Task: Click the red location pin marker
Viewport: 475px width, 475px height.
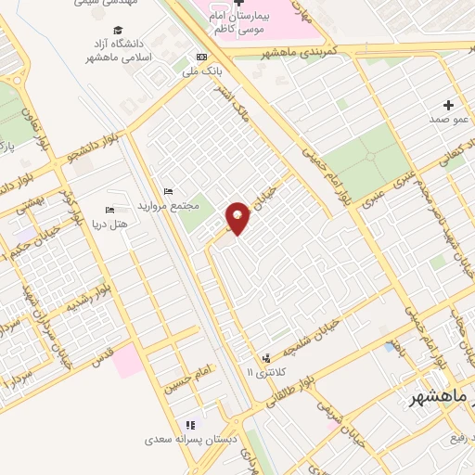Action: [x=238, y=218]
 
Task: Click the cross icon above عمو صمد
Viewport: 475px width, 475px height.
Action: [x=450, y=105]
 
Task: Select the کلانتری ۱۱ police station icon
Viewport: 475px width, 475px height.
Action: [x=267, y=357]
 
